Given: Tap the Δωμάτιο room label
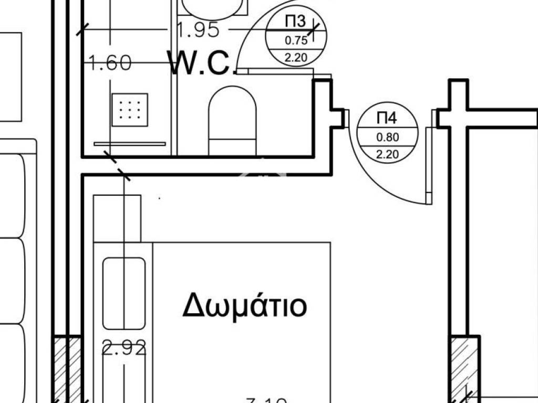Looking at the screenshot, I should click(x=244, y=305).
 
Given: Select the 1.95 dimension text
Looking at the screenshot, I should click(x=198, y=30).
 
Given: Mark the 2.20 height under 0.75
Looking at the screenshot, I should click(x=295, y=58).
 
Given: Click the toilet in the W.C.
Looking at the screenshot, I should click(x=233, y=121).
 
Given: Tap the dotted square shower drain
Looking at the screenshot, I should click(x=129, y=110).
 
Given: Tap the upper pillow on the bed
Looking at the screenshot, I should click(x=123, y=293).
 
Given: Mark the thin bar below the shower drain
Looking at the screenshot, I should click(x=129, y=143).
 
